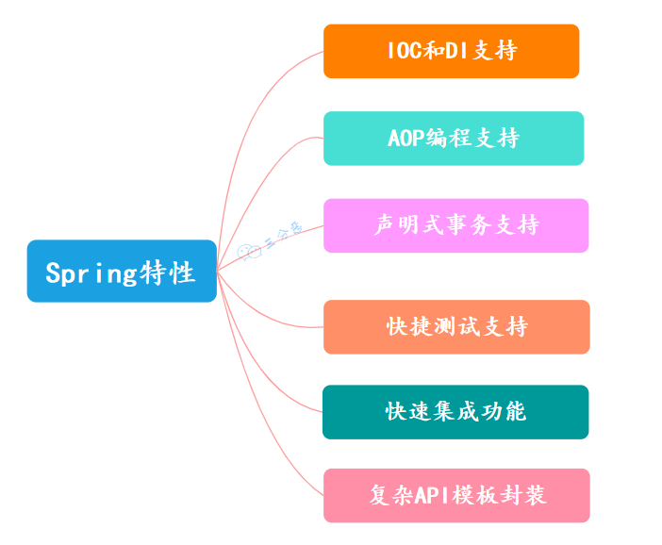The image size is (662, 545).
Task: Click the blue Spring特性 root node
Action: pos(122,272)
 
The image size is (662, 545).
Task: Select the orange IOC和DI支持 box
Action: pos(451,51)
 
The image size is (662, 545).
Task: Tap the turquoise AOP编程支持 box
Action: pos(454,139)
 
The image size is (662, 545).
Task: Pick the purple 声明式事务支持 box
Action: pos(455,225)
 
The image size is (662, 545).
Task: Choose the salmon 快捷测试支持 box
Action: pos(456,327)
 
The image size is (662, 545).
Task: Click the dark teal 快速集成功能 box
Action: pos(455,412)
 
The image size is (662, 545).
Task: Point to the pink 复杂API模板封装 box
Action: pos(456,495)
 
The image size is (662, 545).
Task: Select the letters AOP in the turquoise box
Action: pos(405,139)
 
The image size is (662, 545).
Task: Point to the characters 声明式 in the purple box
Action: pos(408,225)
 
